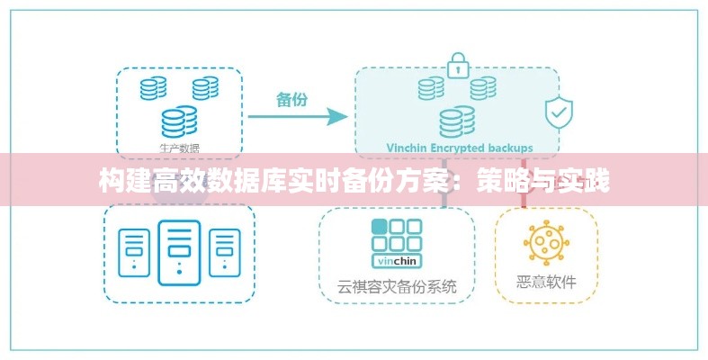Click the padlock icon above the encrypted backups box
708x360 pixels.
coord(458,64)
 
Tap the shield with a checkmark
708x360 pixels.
coord(559,112)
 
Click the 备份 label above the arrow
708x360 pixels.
coord(291,99)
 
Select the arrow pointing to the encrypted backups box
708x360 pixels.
coord(298,116)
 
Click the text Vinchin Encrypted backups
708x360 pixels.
coord(459,148)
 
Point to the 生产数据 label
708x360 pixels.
coord(179,148)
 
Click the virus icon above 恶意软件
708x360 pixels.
coord(546,242)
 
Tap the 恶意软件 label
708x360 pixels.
coord(546,282)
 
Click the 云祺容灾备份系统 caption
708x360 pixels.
coord(397,287)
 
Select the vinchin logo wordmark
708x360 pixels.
coord(397,261)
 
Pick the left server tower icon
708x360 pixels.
coord(135,250)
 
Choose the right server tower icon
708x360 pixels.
coord(224,250)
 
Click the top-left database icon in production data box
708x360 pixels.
coord(153,87)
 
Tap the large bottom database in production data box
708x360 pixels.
coord(179,121)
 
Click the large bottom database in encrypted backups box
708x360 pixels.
coord(457,121)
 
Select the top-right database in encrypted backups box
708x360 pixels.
coord(483,87)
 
